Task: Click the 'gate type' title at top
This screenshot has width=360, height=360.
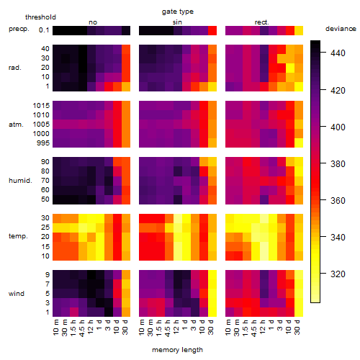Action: coord(178,12)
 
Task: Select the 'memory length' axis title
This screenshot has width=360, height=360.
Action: coord(177,350)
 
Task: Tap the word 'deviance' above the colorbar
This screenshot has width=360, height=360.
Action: coord(341,29)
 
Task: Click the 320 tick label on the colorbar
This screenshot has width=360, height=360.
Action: coord(338,274)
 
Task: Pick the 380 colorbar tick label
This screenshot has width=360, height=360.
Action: coord(338,163)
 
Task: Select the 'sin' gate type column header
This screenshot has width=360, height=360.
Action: coord(177,22)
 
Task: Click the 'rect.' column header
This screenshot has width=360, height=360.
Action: coord(261,22)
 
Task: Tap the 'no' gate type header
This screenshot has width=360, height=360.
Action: coord(93,22)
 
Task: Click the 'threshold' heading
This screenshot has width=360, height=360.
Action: coord(40,17)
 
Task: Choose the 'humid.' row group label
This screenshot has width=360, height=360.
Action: coord(20,181)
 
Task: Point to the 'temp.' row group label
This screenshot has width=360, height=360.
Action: coord(18,236)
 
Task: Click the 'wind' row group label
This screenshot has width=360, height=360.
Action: coord(17,294)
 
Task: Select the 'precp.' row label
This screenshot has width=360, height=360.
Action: coord(19,29)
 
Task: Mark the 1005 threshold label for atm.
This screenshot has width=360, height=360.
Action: coord(41,125)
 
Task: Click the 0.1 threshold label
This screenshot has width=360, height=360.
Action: coord(44,30)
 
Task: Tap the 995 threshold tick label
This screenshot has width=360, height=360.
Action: coord(43,143)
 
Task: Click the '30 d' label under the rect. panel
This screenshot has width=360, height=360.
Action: coord(297,327)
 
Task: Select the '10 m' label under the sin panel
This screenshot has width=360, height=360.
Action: coord(142,327)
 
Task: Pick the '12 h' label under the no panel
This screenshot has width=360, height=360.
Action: coord(90,327)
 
